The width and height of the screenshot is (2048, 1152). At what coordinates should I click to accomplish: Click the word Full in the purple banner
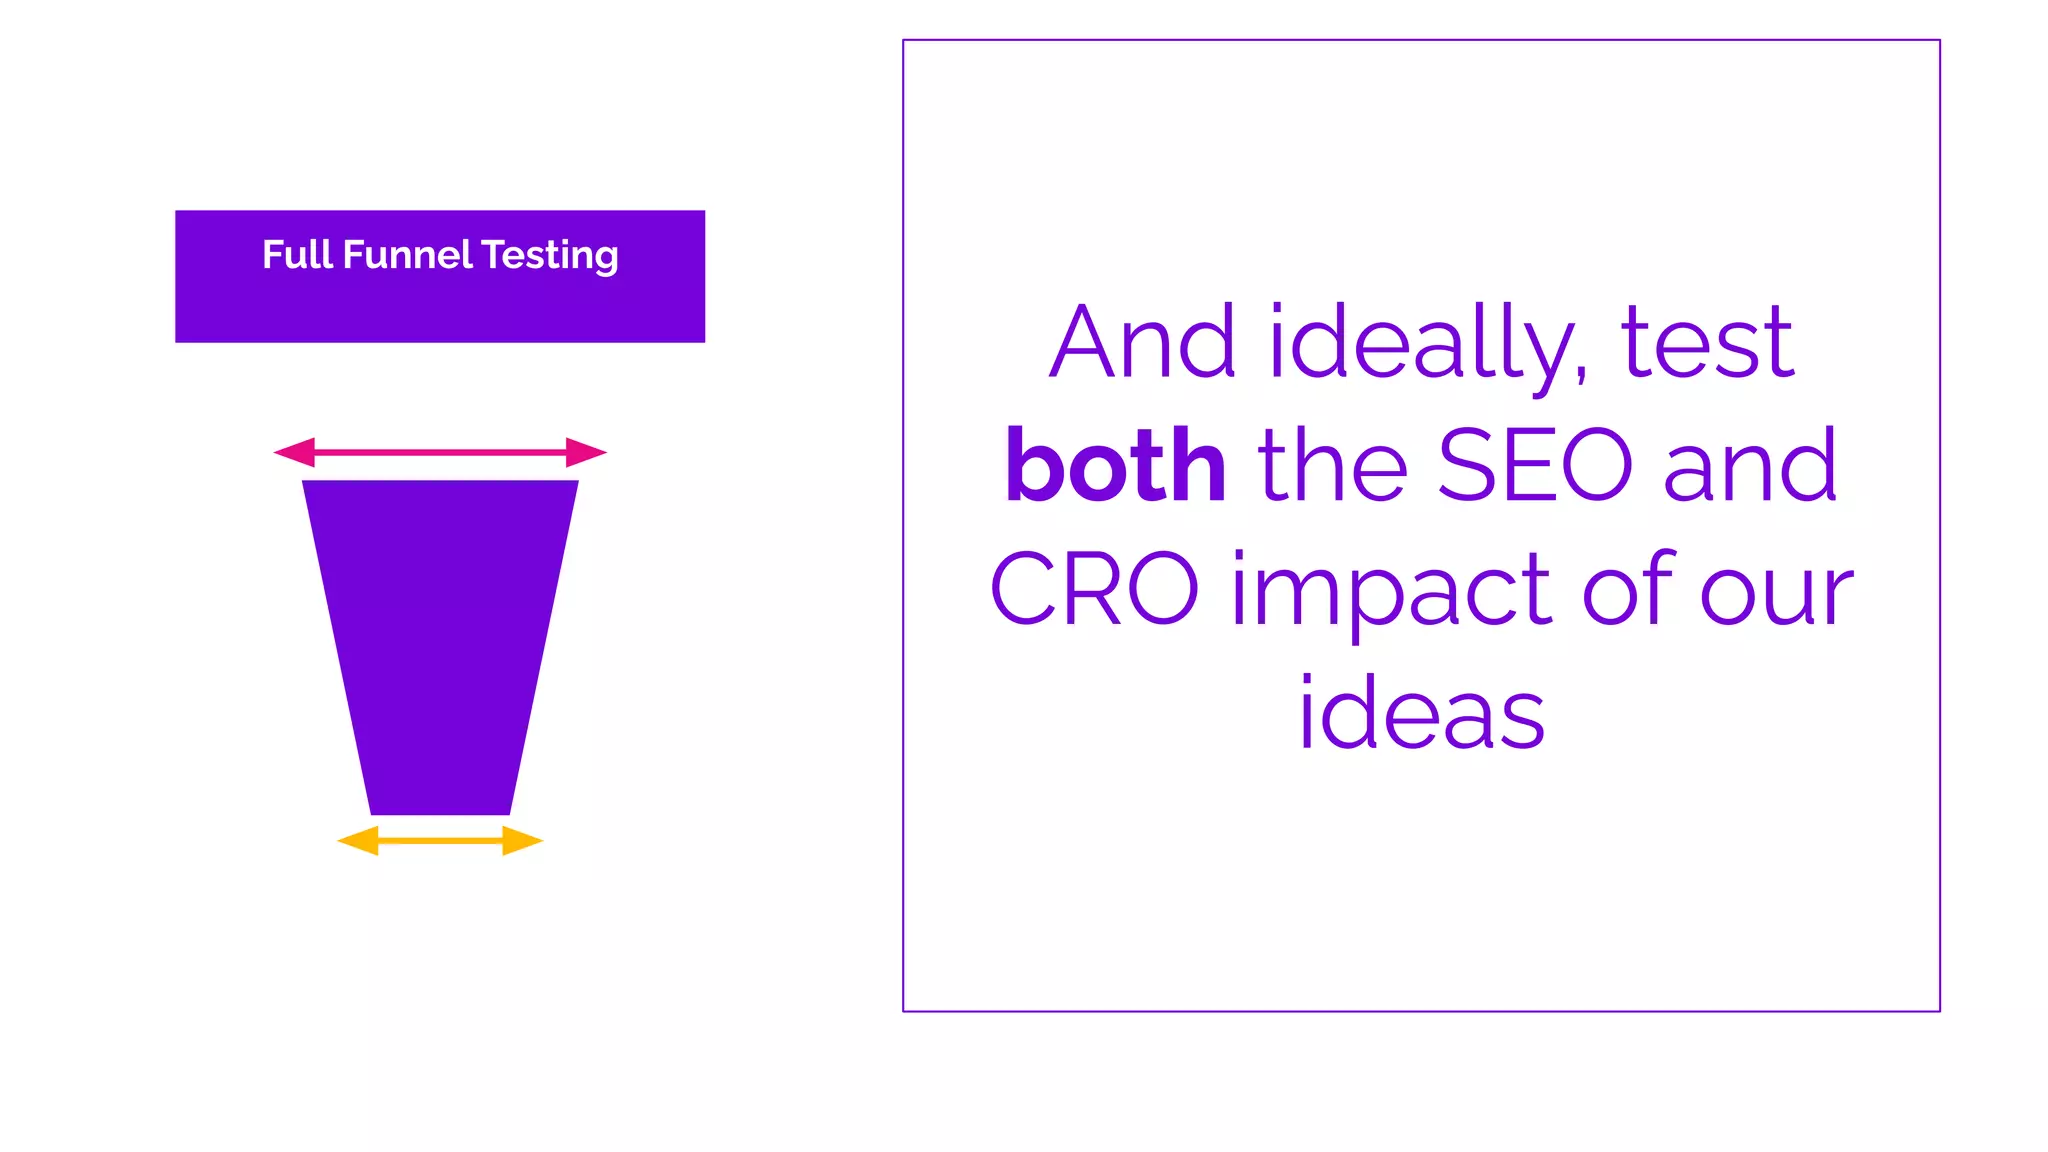297,255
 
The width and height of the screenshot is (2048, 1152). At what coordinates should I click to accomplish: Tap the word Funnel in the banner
407,255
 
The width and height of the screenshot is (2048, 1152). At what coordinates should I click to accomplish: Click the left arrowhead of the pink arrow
295,452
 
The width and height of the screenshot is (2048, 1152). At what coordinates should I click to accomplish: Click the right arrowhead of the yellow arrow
521,841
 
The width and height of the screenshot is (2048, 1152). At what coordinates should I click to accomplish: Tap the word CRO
1094,590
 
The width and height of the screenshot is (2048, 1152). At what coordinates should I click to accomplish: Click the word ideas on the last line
1421,713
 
